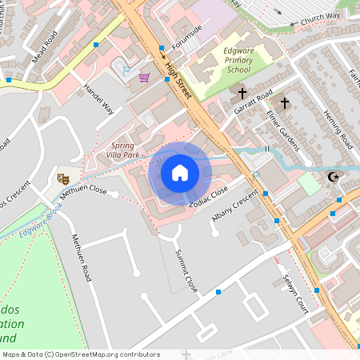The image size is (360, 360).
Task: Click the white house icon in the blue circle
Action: pyautogui.click(x=180, y=173)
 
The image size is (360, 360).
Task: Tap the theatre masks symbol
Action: pyautogui.click(x=63, y=178)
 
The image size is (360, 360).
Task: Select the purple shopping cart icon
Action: pyautogui.click(x=144, y=78)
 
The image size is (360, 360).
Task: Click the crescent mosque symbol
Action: pyautogui.click(x=334, y=177)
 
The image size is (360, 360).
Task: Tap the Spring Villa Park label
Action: pyautogui.click(x=123, y=150)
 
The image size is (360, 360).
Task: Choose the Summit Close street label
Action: pyautogui.click(x=186, y=272)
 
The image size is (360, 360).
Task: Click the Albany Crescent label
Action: pyautogui.click(x=235, y=207)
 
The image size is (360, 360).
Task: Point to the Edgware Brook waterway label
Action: pyautogui.click(x=42, y=222)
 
